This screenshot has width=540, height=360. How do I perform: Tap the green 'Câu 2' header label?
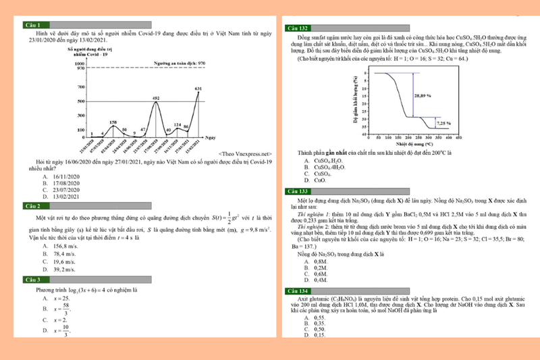tap(32, 205)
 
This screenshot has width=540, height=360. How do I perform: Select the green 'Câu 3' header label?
tap(32, 280)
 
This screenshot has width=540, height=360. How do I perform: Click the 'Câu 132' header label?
tap(298, 28)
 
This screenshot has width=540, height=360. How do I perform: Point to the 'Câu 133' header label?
tap(298, 191)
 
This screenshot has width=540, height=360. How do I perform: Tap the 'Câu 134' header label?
tap(298, 290)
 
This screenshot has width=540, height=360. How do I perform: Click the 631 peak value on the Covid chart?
tap(198, 88)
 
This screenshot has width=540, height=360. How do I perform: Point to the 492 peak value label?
tap(156, 99)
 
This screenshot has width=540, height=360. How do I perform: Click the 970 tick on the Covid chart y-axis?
tap(80, 68)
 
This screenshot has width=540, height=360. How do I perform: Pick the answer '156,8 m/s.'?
tap(66, 246)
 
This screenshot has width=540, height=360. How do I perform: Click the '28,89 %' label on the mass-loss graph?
tap(423, 96)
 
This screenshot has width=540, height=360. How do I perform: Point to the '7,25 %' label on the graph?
tap(443, 124)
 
